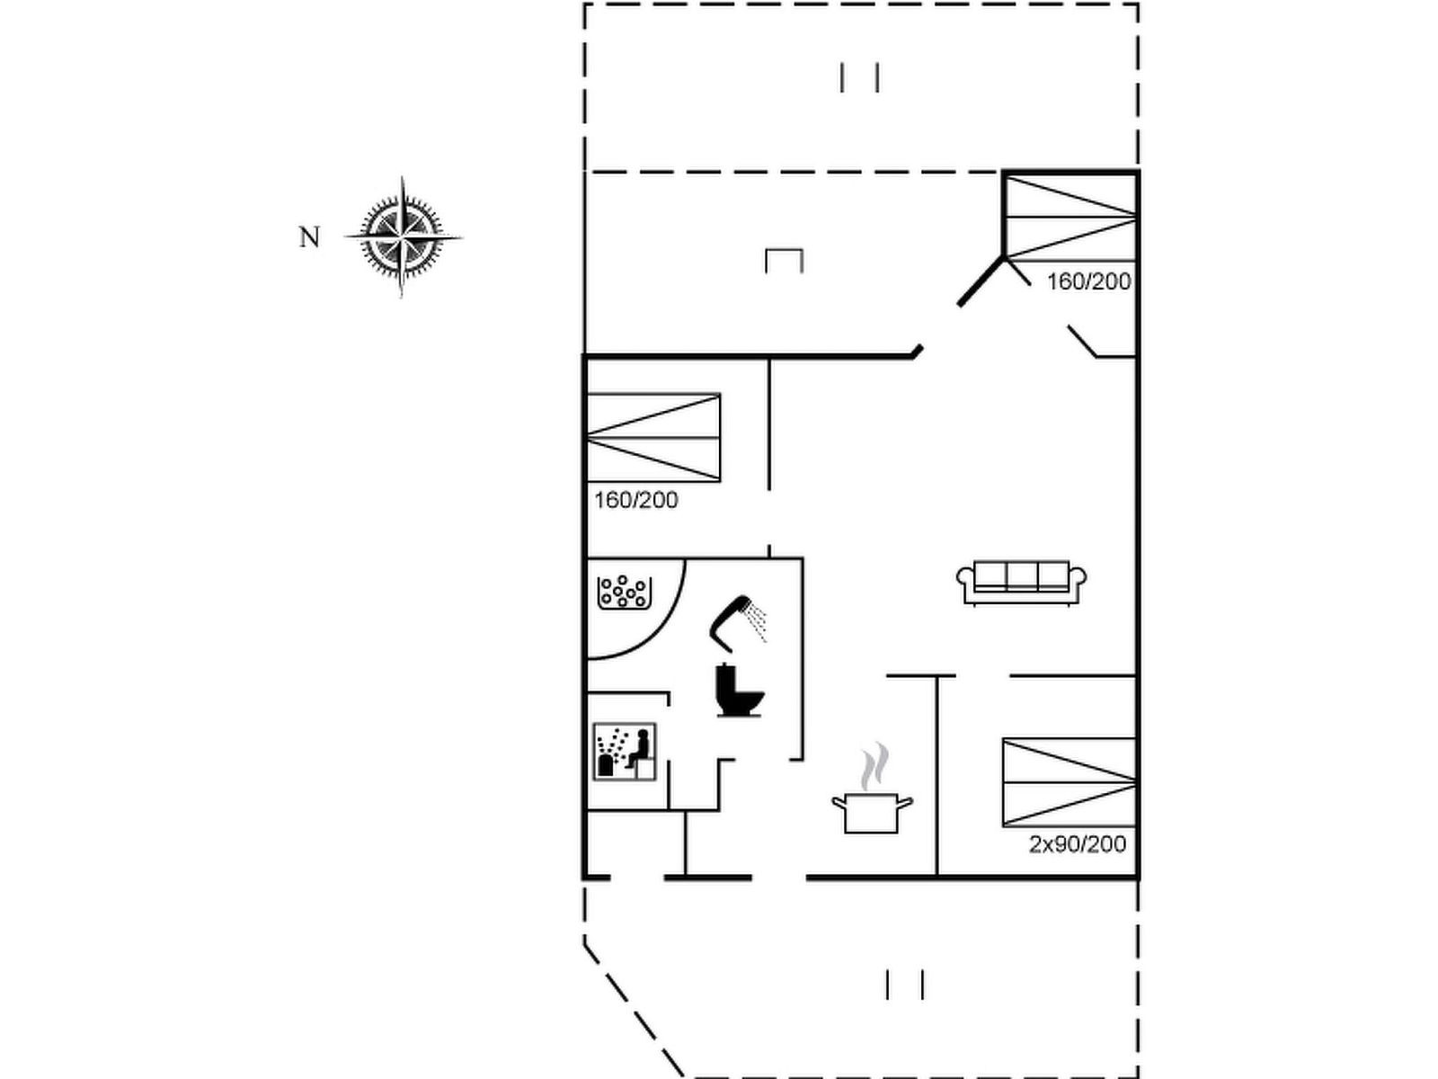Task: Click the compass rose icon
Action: click(402, 237)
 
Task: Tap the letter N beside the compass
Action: click(309, 237)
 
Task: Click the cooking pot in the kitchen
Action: click(872, 812)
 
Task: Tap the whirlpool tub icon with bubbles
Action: click(624, 593)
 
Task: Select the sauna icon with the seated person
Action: click(625, 752)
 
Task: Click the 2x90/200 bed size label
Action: click(1078, 844)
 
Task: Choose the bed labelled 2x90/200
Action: click(1070, 782)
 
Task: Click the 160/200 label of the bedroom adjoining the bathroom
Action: click(636, 500)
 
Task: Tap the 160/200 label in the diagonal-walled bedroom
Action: click(1088, 281)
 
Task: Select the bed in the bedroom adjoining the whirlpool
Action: click(653, 438)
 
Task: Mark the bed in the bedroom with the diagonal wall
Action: click(1070, 218)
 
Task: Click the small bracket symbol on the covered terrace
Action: click(784, 260)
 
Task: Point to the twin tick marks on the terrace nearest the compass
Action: click(859, 77)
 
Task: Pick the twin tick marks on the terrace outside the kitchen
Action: click(905, 984)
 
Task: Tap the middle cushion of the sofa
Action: click(1022, 575)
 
